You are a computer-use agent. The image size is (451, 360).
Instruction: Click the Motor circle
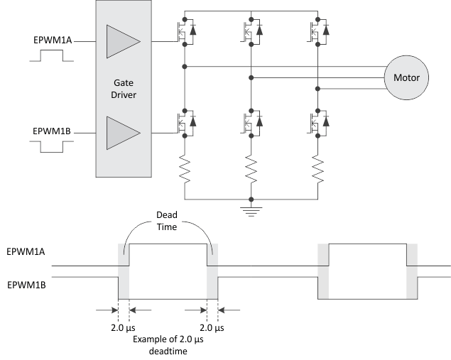pos(407,77)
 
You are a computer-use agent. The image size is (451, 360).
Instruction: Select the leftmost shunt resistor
pos(185,168)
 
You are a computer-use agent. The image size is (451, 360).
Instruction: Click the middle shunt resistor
pos(251,168)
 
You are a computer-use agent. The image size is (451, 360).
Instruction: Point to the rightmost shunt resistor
pos(317,168)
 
